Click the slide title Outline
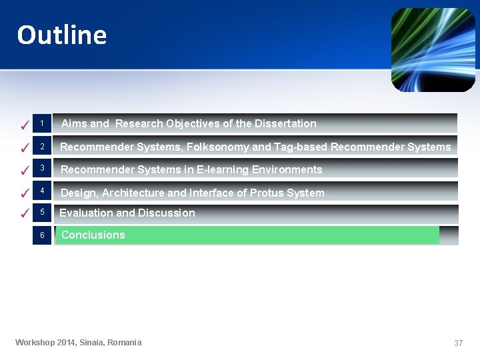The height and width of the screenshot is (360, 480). pyautogui.click(x=62, y=35)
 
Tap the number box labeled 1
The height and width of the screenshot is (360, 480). pyautogui.click(x=41, y=123)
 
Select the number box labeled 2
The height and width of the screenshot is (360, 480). pyautogui.click(x=41, y=147)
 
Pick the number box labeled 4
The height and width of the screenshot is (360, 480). pyautogui.click(x=41, y=191)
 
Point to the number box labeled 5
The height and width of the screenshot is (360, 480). pyautogui.click(x=41, y=213)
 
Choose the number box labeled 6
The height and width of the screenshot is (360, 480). pyautogui.click(x=41, y=235)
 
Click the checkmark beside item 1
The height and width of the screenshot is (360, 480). pyautogui.click(x=23, y=125)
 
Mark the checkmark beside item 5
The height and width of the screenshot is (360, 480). pyautogui.click(x=23, y=214)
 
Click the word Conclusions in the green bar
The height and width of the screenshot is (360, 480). pyautogui.click(x=93, y=235)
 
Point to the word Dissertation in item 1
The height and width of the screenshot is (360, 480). pyautogui.click(x=285, y=123)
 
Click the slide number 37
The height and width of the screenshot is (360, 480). pyautogui.click(x=458, y=343)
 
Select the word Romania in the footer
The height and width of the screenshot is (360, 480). pyautogui.click(x=125, y=343)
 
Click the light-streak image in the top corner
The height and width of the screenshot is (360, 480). pyautogui.click(x=433, y=50)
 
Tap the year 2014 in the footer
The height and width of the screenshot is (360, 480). pyautogui.click(x=65, y=343)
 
